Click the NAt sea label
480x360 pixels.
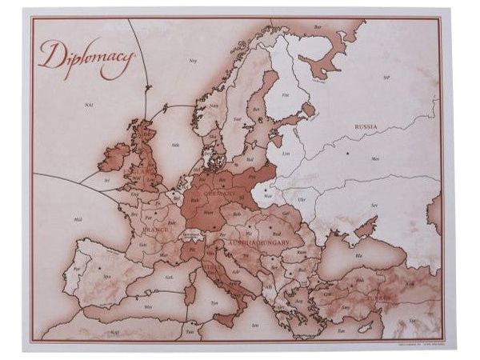pyautogui.click(x=88, y=104)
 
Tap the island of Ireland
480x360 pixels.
pyautogui.click(x=113, y=157)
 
